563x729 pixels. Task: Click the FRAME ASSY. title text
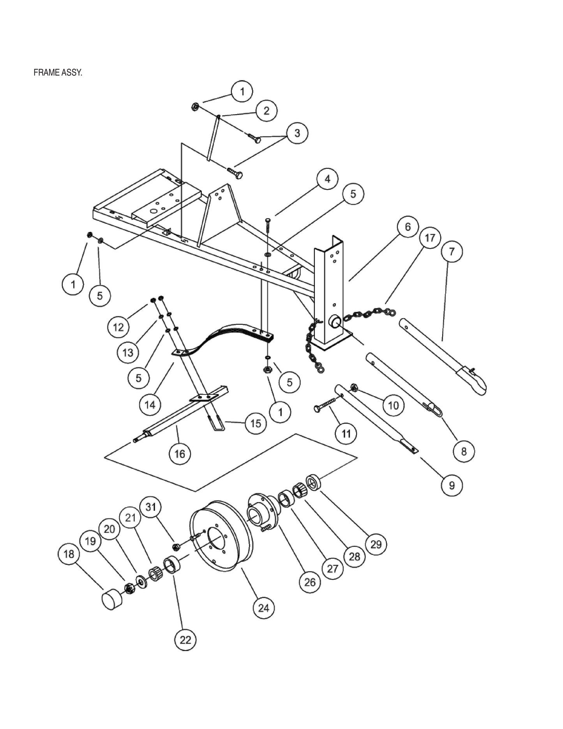pyautogui.click(x=58, y=73)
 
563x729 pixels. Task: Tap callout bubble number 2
pyautogui.click(x=266, y=111)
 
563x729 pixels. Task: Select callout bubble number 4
pyautogui.click(x=327, y=179)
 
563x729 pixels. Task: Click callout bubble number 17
pyautogui.click(x=430, y=238)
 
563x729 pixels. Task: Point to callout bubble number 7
pyautogui.click(x=452, y=251)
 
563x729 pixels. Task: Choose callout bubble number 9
pyautogui.click(x=452, y=485)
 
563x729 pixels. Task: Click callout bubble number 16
pyautogui.click(x=180, y=454)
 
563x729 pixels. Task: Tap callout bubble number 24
pyautogui.click(x=264, y=608)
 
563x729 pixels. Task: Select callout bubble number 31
pyautogui.click(x=150, y=507)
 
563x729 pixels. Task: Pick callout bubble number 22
pyautogui.click(x=185, y=640)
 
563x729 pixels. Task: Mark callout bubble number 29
pyautogui.click(x=376, y=544)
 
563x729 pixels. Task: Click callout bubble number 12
pyautogui.click(x=118, y=327)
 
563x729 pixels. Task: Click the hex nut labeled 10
pyautogui.click(x=355, y=388)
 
